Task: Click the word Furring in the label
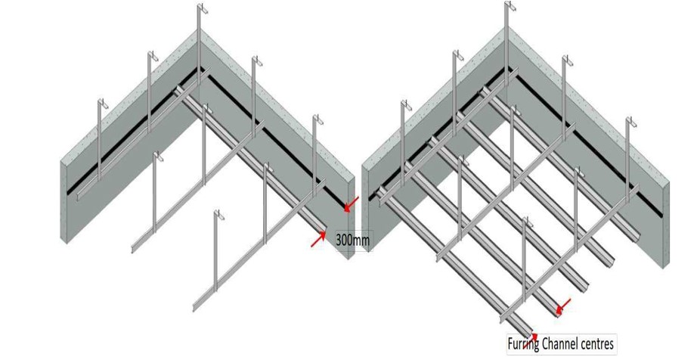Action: [x=523, y=345]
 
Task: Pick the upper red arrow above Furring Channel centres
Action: [x=562, y=306]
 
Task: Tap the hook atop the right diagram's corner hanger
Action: [x=510, y=7]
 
